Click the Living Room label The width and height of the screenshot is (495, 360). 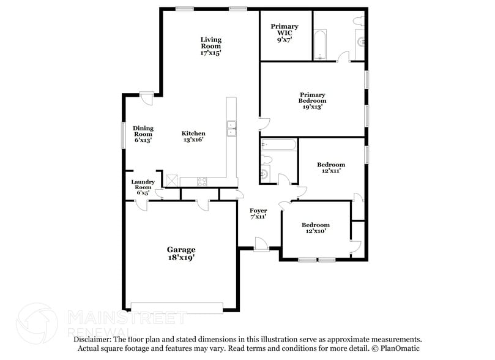click(210, 47)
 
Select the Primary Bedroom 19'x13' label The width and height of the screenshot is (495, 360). click(312, 100)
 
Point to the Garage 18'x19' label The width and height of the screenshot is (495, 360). click(181, 253)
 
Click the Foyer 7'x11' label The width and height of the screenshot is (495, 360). click(258, 214)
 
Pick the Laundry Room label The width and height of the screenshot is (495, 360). click(143, 187)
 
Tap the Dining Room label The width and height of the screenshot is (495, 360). click(143, 134)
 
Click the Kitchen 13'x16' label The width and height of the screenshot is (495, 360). click(193, 137)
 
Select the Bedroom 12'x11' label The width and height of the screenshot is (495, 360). click(330, 168)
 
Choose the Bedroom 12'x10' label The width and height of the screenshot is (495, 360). click(315, 228)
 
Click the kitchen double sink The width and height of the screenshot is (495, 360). click(232, 129)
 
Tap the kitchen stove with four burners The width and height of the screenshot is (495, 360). click(202, 181)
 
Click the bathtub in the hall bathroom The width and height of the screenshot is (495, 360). click(279, 145)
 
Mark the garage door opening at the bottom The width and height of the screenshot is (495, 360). click(177, 307)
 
